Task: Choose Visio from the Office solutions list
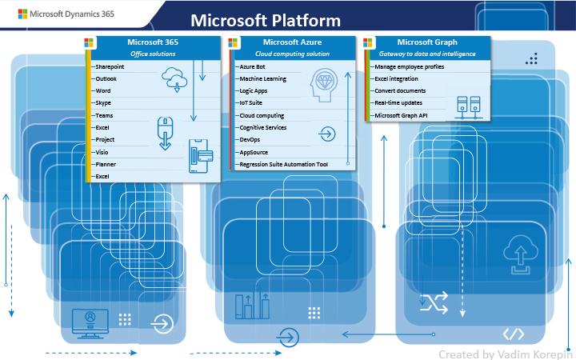[102, 151]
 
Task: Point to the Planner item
[106, 163]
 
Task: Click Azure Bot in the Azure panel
[252, 67]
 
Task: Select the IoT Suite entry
[251, 103]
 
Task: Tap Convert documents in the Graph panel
[400, 91]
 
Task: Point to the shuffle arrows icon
[434, 302]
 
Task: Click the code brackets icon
[513, 334]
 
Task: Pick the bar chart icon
[251, 306]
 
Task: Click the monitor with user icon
[90, 320]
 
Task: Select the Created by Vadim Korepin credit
[505, 353]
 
